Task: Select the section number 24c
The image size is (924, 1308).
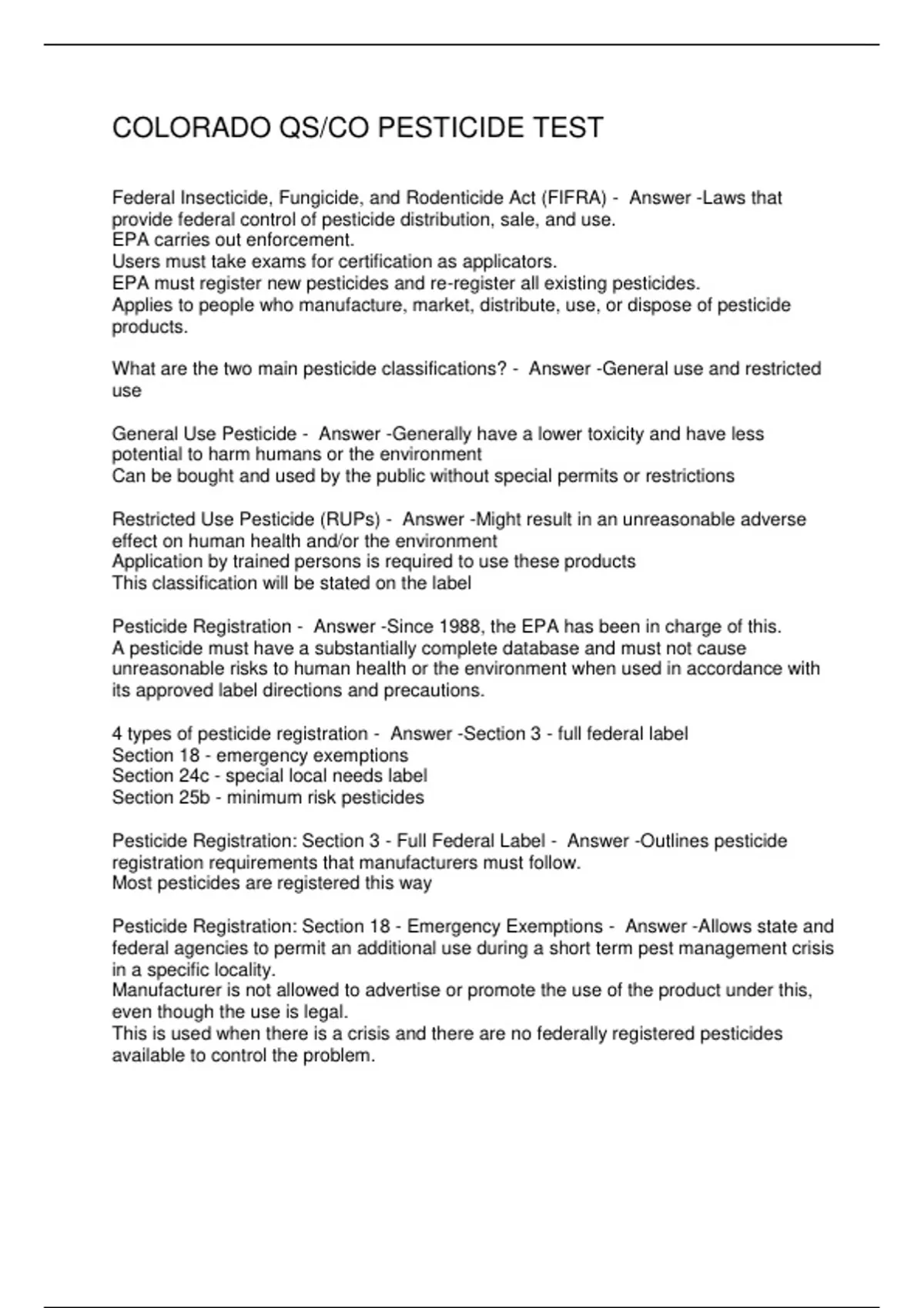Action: (193, 776)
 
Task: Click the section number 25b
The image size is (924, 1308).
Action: (193, 797)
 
